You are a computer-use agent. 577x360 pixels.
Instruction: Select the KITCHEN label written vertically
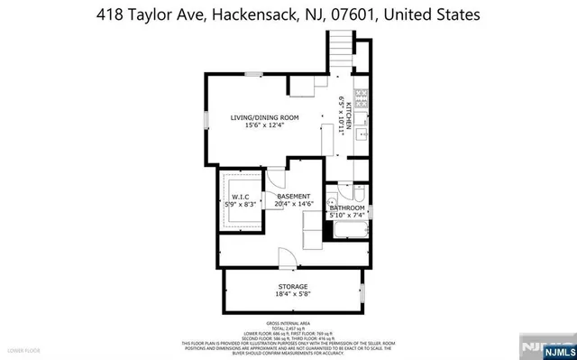click(x=350, y=116)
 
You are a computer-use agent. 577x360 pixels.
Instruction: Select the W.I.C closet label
click(x=240, y=196)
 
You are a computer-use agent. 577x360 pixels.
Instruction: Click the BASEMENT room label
click(x=294, y=196)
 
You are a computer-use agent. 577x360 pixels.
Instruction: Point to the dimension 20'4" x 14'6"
click(x=294, y=204)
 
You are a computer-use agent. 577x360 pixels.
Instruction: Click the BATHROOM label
click(x=347, y=208)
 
